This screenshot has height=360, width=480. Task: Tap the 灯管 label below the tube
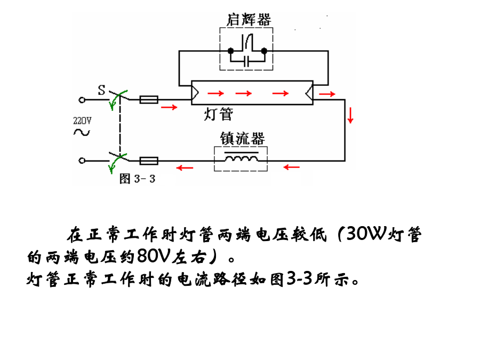[219, 114]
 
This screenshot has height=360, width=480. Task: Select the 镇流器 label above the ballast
[243, 139]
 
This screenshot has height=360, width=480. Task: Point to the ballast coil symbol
[241, 158]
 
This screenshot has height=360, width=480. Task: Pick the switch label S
[101, 89]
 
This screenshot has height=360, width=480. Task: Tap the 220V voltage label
[82, 121]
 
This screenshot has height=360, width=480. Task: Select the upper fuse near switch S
[148, 99]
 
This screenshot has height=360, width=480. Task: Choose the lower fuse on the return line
[148, 160]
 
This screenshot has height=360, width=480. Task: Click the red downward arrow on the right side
[350, 115]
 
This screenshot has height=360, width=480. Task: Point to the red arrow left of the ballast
[185, 167]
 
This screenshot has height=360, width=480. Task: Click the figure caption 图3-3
[137, 178]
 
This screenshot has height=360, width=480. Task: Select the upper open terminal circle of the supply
[82, 99]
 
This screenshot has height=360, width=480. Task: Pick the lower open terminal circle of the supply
[82, 160]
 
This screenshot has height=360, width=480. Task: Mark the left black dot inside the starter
[230, 51]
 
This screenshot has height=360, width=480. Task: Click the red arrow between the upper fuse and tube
[169, 107]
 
